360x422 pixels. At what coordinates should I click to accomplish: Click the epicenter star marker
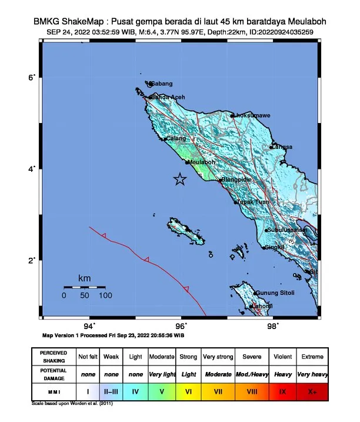[180, 180]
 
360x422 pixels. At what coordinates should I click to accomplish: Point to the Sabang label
[162, 84]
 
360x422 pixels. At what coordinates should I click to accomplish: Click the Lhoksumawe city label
[252, 115]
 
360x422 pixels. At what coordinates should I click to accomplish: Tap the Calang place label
[175, 138]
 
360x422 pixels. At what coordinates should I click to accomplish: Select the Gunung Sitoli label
[275, 293]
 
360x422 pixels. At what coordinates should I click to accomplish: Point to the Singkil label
[275, 248]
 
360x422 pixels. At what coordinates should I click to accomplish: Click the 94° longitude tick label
[89, 325]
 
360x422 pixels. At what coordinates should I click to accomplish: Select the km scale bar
[85, 287]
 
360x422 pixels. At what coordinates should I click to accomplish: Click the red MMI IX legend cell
[282, 390]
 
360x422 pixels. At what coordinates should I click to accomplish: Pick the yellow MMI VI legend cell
[188, 390]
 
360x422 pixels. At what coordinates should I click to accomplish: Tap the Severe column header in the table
[251, 357]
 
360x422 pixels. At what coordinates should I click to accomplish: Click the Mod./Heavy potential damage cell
[251, 374]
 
